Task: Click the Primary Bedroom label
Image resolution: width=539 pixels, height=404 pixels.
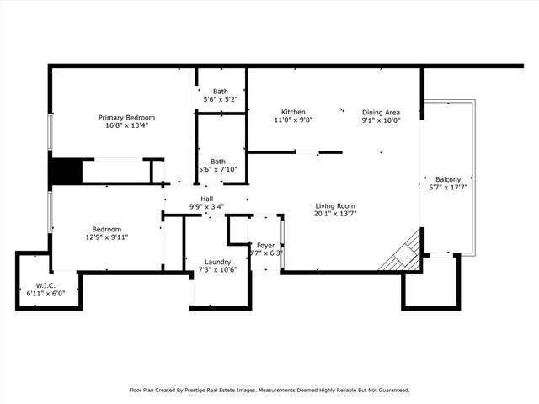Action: click(126, 117)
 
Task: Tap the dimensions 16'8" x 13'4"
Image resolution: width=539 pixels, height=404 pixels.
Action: click(126, 125)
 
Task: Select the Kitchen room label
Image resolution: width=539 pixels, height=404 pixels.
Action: click(293, 112)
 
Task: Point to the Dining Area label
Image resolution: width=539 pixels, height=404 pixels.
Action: click(381, 112)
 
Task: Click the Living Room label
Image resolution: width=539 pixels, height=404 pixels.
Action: click(335, 205)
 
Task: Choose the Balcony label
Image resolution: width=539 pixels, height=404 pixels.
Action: click(448, 179)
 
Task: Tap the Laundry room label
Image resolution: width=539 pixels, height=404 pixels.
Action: click(218, 261)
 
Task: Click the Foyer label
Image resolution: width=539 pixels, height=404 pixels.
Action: click(266, 245)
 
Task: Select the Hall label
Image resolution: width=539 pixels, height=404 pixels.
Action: click(206, 199)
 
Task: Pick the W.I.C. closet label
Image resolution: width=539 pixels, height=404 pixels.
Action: click(45, 284)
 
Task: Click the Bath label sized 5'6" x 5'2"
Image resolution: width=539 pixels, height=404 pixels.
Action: click(220, 92)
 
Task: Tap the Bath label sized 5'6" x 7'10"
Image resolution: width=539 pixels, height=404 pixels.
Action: click(218, 162)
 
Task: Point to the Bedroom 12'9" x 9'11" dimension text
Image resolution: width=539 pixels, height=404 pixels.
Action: click(107, 237)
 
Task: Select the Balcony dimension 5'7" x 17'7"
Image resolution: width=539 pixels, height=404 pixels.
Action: click(448, 188)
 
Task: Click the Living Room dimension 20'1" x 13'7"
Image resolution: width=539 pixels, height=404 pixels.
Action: click(335, 214)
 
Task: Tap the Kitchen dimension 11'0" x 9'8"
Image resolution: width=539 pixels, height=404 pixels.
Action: click(293, 120)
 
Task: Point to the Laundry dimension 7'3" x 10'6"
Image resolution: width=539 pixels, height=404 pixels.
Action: click(218, 269)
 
